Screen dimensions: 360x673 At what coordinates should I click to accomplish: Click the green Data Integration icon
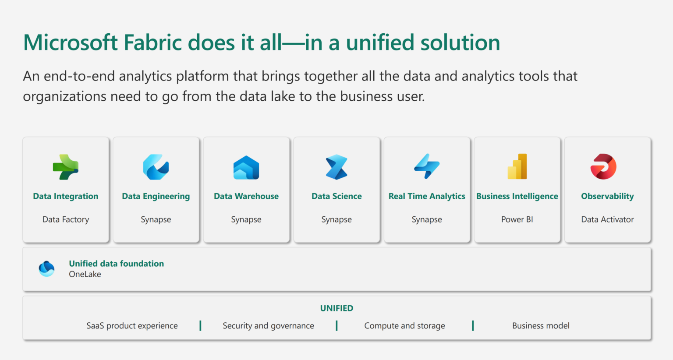click(x=66, y=167)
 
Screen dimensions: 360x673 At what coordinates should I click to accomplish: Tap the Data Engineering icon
click(x=156, y=167)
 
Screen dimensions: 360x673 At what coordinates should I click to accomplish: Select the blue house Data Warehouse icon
click(x=246, y=167)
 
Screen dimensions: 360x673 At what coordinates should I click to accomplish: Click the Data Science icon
click(x=336, y=167)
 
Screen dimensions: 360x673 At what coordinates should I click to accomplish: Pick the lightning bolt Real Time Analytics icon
click(x=427, y=166)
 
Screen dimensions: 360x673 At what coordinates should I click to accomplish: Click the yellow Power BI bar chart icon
click(x=517, y=166)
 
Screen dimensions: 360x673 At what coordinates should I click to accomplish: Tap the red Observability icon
click(x=603, y=166)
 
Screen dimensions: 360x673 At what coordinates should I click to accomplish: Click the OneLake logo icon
click(x=46, y=268)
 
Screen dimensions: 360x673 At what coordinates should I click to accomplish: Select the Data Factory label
click(x=66, y=219)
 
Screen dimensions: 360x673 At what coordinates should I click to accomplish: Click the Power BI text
click(x=517, y=219)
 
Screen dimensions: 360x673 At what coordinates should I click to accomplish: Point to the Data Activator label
click(x=607, y=219)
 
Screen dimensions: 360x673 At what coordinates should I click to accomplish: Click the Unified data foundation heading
click(x=116, y=264)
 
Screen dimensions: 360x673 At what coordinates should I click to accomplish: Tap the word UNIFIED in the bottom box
click(x=336, y=308)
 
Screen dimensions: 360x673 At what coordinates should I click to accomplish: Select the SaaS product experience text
click(x=132, y=326)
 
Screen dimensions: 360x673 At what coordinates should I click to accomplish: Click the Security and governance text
click(x=268, y=326)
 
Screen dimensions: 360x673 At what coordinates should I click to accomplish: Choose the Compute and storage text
click(x=404, y=326)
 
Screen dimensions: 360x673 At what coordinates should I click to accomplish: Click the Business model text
click(x=541, y=326)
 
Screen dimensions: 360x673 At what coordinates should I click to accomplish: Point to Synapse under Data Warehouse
click(x=246, y=219)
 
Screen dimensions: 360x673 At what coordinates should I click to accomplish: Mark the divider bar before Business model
click(x=473, y=325)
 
